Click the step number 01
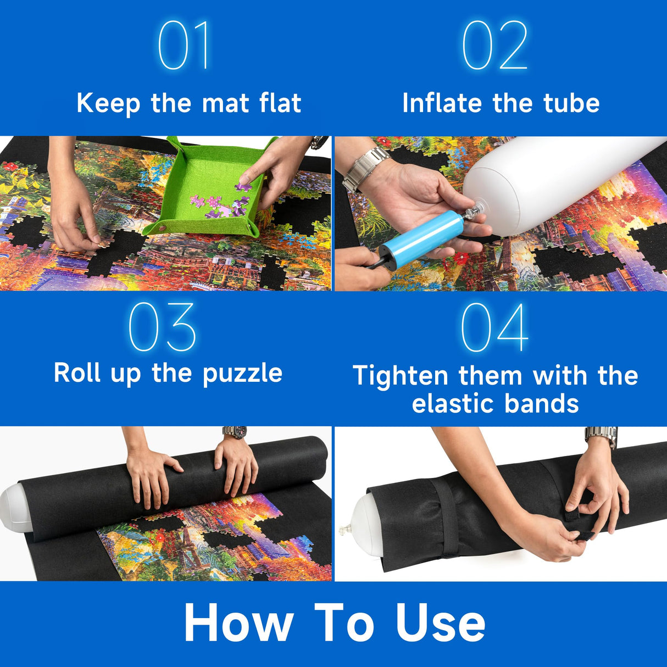point(184,46)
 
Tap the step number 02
point(494,46)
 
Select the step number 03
point(163,327)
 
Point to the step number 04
point(494,327)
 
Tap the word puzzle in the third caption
point(242,374)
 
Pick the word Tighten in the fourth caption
point(401,376)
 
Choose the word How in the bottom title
point(238,623)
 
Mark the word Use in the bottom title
point(441,623)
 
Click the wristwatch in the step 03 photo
point(234,432)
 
